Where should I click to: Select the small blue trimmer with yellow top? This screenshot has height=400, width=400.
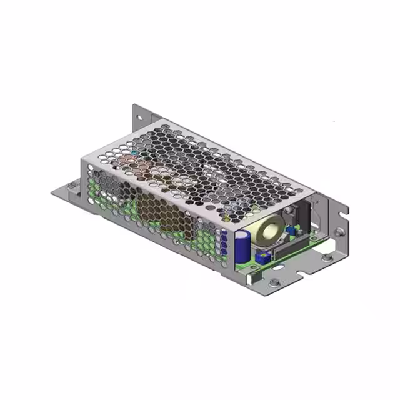coord(263,256)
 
